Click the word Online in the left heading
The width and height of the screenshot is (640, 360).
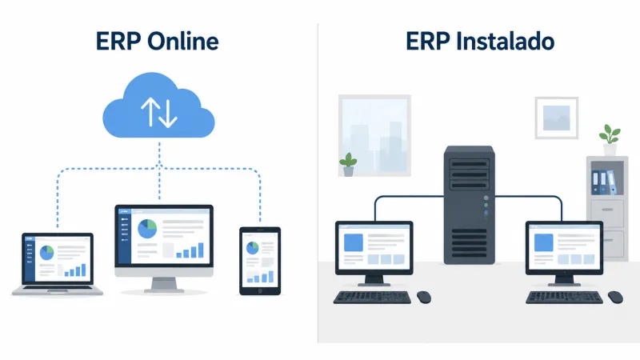coord(183,41)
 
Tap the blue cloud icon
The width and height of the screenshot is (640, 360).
coord(158,106)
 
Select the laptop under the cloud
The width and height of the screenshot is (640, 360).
coord(58,264)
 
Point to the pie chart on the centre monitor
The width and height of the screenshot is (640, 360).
coord(147,229)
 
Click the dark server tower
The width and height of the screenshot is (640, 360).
coord(470,205)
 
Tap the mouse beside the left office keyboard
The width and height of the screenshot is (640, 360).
coord(424,297)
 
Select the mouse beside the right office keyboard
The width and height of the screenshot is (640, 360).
coord(615,297)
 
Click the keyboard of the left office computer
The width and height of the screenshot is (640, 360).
coord(372,297)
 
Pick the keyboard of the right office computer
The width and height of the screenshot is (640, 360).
coord(564,297)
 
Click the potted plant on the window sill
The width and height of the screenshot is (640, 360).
coord(348,165)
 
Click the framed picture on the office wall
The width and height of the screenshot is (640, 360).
coord(557,118)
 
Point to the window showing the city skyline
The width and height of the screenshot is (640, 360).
coord(374,135)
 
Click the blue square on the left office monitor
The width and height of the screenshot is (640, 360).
coord(354,243)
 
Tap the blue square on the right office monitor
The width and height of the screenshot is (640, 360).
coord(544,243)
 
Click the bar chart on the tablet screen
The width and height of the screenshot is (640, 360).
coord(261,278)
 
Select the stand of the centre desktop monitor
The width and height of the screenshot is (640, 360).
coord(164,285)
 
